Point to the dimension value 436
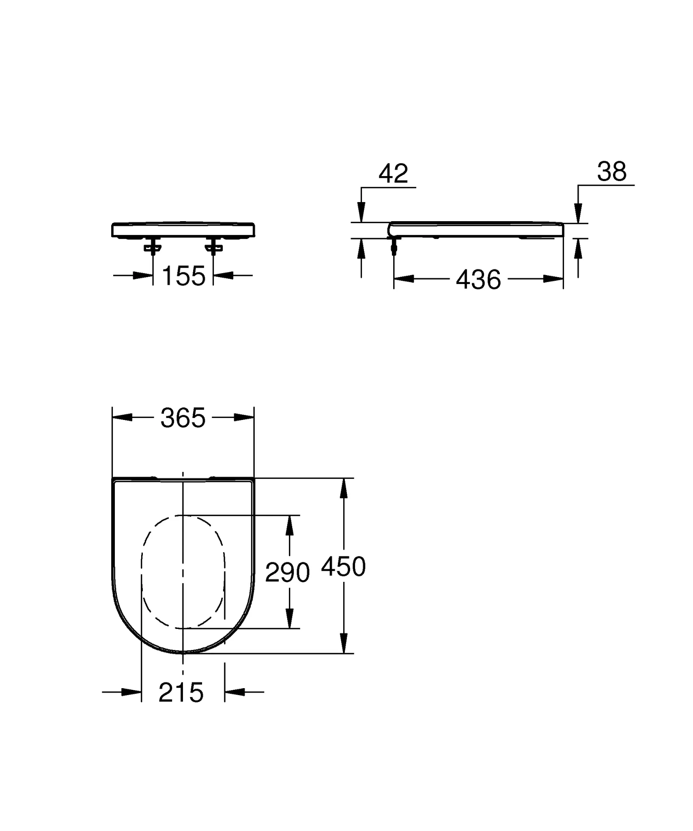tap(478, 280)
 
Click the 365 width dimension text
tap(183, 418)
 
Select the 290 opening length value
tap(287, 573)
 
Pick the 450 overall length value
tap(343, 567)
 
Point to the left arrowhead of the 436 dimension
tap(404, 279)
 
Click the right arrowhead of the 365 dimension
tap(244, 417)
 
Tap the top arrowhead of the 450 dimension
tap(344, 488)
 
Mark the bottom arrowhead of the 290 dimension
tap(289, 618)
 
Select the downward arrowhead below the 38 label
tap(578, 213)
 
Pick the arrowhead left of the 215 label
tap(131, 692)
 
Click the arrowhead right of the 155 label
tap(223, 276)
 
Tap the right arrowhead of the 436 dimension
tap(553, 279)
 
